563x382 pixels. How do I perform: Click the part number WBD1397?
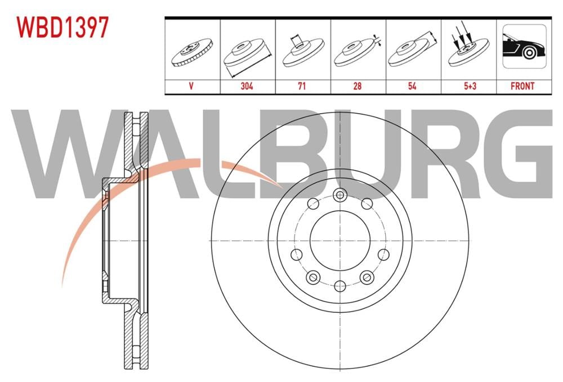click(62, 28)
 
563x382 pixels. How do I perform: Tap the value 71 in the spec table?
click(303, 86)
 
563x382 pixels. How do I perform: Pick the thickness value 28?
click(358, 86)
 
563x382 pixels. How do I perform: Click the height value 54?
click(413, 86)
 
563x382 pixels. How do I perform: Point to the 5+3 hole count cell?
click(468, 86)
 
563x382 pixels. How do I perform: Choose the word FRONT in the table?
click(522, 86)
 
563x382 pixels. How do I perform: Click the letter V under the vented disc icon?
click(191, 86)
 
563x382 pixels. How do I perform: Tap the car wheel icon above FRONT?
click(524, 47)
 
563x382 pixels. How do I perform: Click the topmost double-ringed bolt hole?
click(339, 195)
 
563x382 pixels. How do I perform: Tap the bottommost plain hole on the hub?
click(339, 286)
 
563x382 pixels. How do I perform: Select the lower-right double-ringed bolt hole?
click(367, 277)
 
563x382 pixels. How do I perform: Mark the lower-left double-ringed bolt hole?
click(312, 277)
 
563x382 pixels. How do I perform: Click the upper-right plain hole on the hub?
click(367, 203)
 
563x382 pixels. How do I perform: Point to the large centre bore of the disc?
click(339, 241)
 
